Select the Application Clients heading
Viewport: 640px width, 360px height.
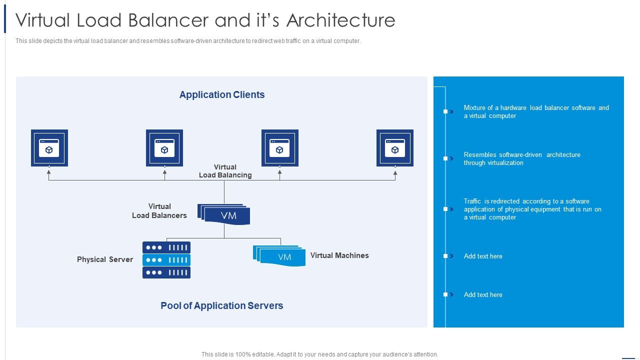point(222,95)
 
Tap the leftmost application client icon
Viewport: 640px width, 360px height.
point(49,148)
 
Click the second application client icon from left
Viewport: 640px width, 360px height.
point(164,148)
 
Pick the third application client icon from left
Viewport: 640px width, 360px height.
point(280,148)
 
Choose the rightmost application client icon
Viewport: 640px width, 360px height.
point(395,148)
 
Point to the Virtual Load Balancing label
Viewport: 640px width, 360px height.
point(225,171)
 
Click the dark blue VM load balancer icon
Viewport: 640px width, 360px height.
point(224,214)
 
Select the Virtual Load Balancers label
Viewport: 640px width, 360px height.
point(159,211)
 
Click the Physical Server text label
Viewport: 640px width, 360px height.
point(105,259)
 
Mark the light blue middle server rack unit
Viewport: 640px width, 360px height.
point(166,260)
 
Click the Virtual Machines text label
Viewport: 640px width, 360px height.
point(339,255)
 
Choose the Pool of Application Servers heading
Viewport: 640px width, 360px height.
point(222,306)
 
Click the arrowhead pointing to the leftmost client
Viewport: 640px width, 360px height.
point(49,172)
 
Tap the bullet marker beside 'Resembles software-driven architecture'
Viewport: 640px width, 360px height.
point(446,158)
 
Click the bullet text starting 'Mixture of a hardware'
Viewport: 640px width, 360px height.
point(536,112)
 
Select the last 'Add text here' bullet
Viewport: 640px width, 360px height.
point(483,295)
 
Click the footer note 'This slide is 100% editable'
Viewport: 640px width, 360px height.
point(320,354)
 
